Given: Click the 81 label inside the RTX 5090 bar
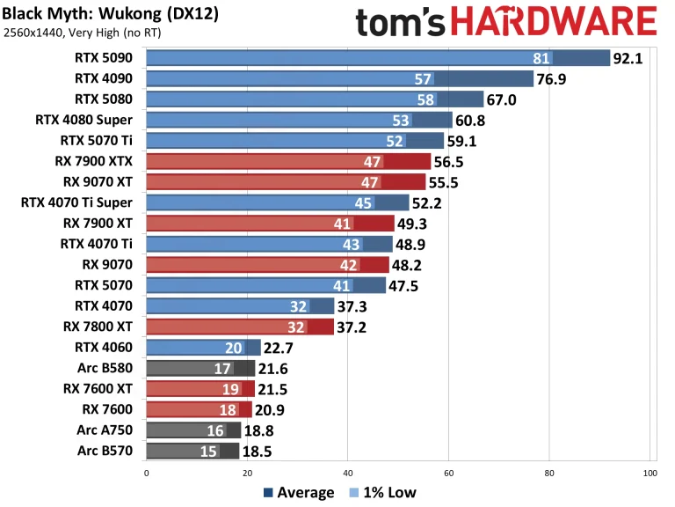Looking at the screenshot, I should (541, 59).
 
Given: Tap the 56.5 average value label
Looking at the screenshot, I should (452, 161).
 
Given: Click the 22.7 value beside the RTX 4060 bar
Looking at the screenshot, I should (282, 348).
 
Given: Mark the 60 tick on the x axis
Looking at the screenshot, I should (448, 473).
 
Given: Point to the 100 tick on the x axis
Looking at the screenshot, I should (650, 473).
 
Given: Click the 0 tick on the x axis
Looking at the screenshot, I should (146, 473).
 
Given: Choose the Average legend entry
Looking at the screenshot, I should (298, 492).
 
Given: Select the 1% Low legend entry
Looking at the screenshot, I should (383, 492).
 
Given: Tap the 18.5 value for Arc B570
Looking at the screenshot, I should (261, 451).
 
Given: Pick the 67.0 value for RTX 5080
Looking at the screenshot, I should (505, 99).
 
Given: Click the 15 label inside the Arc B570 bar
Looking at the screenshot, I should (210, 451).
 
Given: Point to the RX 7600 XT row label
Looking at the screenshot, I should (104, 389).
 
